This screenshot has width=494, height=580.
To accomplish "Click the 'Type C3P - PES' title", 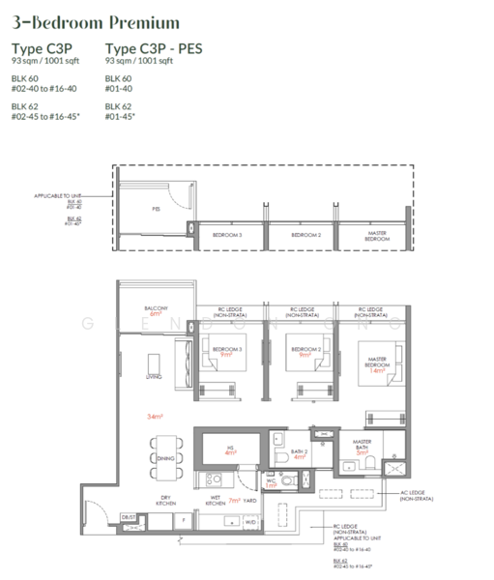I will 154,49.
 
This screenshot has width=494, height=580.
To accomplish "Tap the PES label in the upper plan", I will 156,207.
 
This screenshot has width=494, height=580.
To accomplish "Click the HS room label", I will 230,448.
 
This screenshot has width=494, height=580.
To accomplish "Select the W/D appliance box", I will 252,523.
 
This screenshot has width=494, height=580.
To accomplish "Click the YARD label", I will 250,501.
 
